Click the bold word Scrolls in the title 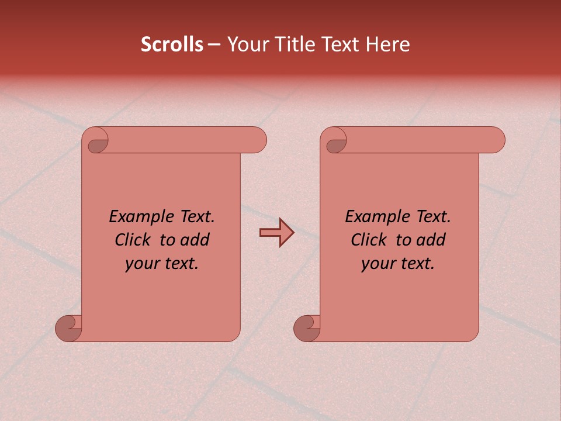(172, 44)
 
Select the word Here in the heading (387, 44)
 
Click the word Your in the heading (245, 44)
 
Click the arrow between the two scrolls (276, 233)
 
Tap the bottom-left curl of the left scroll (69, 327)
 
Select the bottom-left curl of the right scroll (307, 327)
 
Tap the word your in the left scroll (140, 264)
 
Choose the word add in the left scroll (196, 240)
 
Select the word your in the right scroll (377, 264)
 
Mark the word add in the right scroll (432, 240)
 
